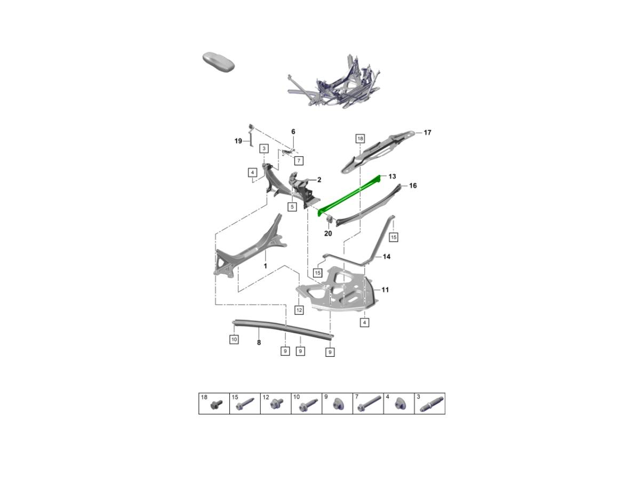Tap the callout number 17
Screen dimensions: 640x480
click(427, 133)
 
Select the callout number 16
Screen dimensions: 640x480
click(413, 186)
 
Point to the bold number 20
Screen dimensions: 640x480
click(328, 234)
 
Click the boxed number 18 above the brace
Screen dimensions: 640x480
click(360, 139)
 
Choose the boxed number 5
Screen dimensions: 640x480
click(292, 207)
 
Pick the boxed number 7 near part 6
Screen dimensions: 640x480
click(299, 161)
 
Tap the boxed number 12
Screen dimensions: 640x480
click(299, 310)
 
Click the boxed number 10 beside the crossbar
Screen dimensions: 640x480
click(234, 340)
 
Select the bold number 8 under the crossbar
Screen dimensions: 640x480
click(259, 343)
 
